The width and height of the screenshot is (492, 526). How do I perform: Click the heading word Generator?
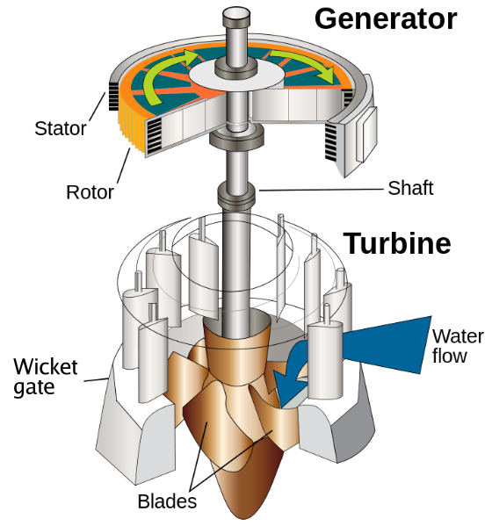[x=386, y=18]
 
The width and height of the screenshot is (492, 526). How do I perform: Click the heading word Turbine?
[x=397, y=243]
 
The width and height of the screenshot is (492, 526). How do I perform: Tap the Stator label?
[x=61, y=128]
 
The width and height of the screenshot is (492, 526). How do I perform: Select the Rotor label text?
[x=90, y=191]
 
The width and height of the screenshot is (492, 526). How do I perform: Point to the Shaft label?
[x=410, y=188]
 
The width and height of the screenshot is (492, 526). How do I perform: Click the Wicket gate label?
[x=45, y=376]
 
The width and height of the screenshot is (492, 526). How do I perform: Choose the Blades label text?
[x=167, y=501]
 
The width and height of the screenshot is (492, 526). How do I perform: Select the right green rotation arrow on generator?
[x=304, y=66]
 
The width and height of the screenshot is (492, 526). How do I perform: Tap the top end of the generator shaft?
[x=238, y=16]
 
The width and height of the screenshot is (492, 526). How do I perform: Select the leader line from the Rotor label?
[x=124, y=169]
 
